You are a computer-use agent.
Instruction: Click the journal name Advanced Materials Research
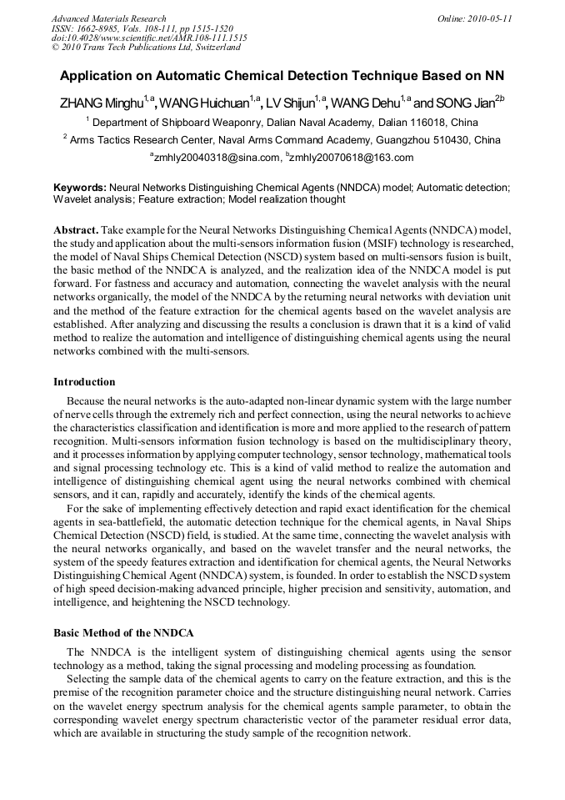(109, 18)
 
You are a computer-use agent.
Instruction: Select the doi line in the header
(149, 38)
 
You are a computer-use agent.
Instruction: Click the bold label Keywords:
(80, 189)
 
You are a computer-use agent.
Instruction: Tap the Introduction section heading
(84, 382)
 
